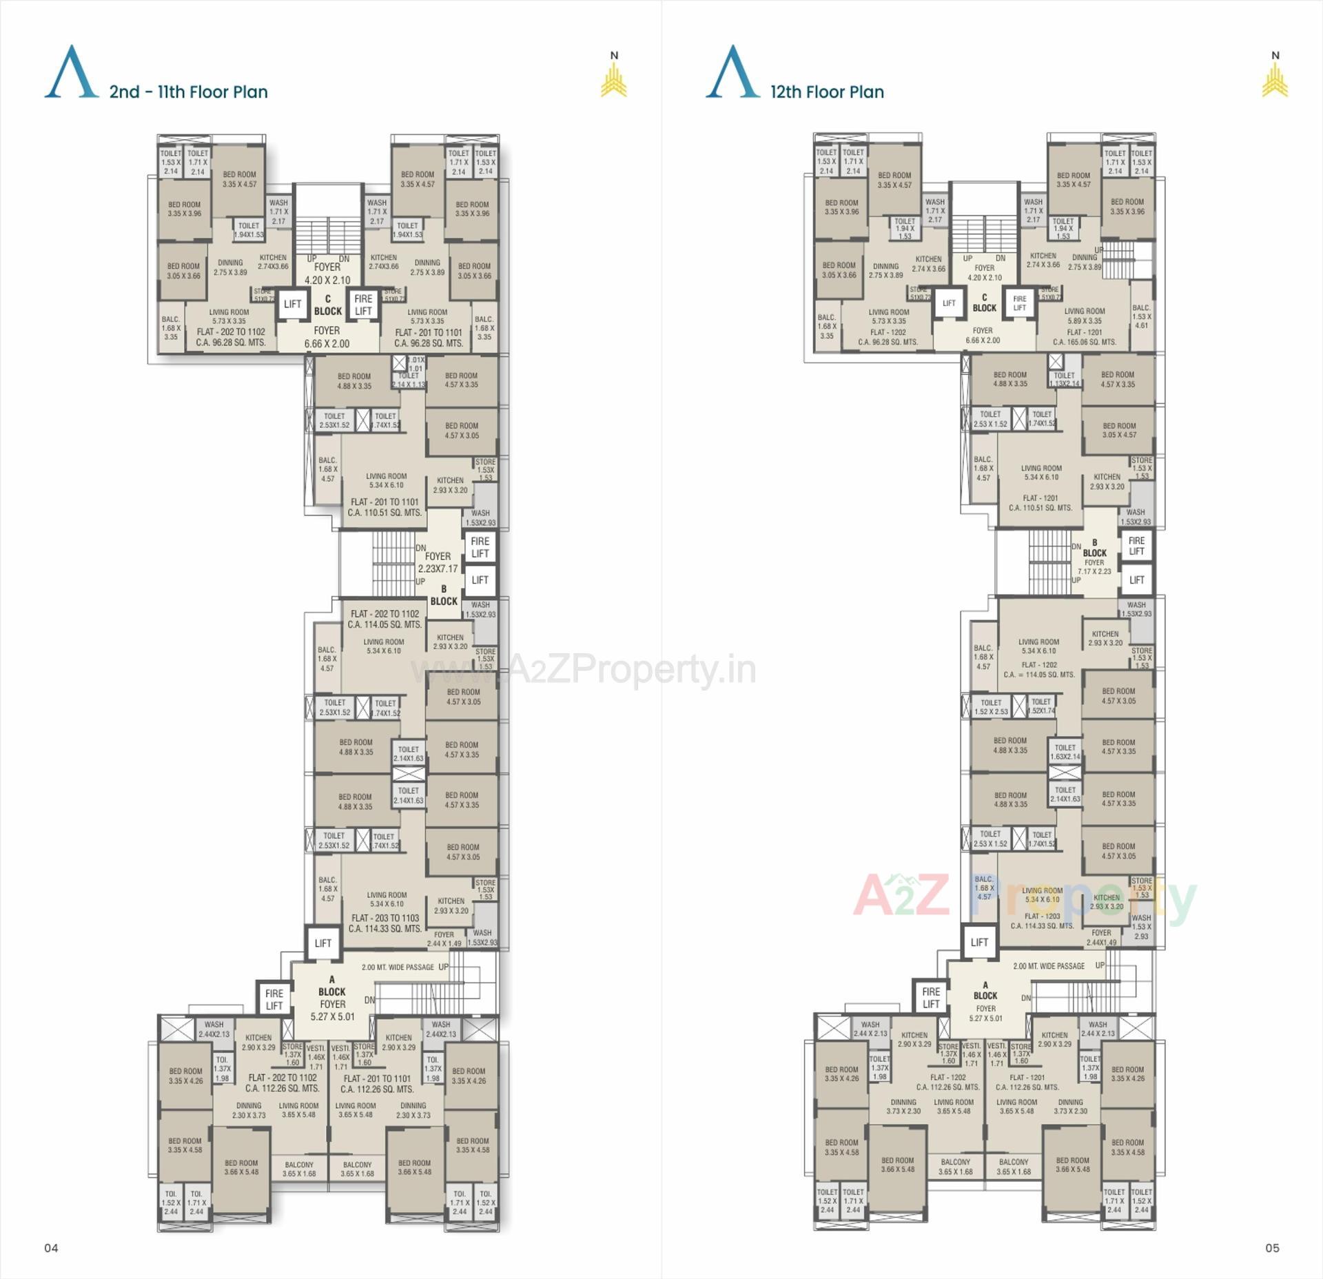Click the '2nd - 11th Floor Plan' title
point(188,92)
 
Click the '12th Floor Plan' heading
point(827,92)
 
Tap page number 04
point(52,1247)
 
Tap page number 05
point(1272,1247)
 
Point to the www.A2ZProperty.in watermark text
point(583,670)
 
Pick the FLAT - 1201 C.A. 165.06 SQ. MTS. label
point(1084,337)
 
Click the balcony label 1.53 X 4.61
point(1141,316)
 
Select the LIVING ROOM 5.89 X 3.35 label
point(1085,316)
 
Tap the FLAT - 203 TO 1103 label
point(384,923)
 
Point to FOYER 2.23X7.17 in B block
point(438,562)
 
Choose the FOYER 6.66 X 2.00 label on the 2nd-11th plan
point(327,337)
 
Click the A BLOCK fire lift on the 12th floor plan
point(931,998)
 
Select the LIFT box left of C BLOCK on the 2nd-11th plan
point(292,304)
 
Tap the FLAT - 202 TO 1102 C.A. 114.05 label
point(384,619)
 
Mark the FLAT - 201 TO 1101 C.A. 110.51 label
point(384,507)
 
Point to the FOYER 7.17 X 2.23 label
point(1094,566)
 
